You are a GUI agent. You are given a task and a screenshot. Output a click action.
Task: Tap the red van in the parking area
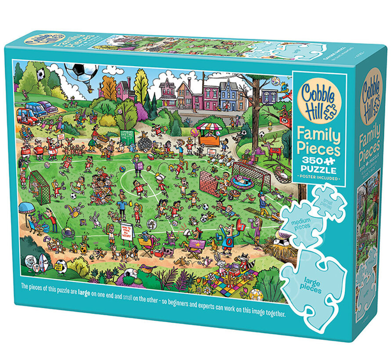pyautogui.click(x=27, y=115)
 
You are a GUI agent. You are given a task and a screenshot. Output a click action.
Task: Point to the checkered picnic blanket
pyautogui.click(x=228, y=284)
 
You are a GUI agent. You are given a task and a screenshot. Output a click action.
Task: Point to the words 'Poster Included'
pyautogui.click(x=319, y=178)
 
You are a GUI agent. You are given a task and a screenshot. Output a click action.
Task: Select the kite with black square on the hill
pyautogui.click(x=40, y=75)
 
